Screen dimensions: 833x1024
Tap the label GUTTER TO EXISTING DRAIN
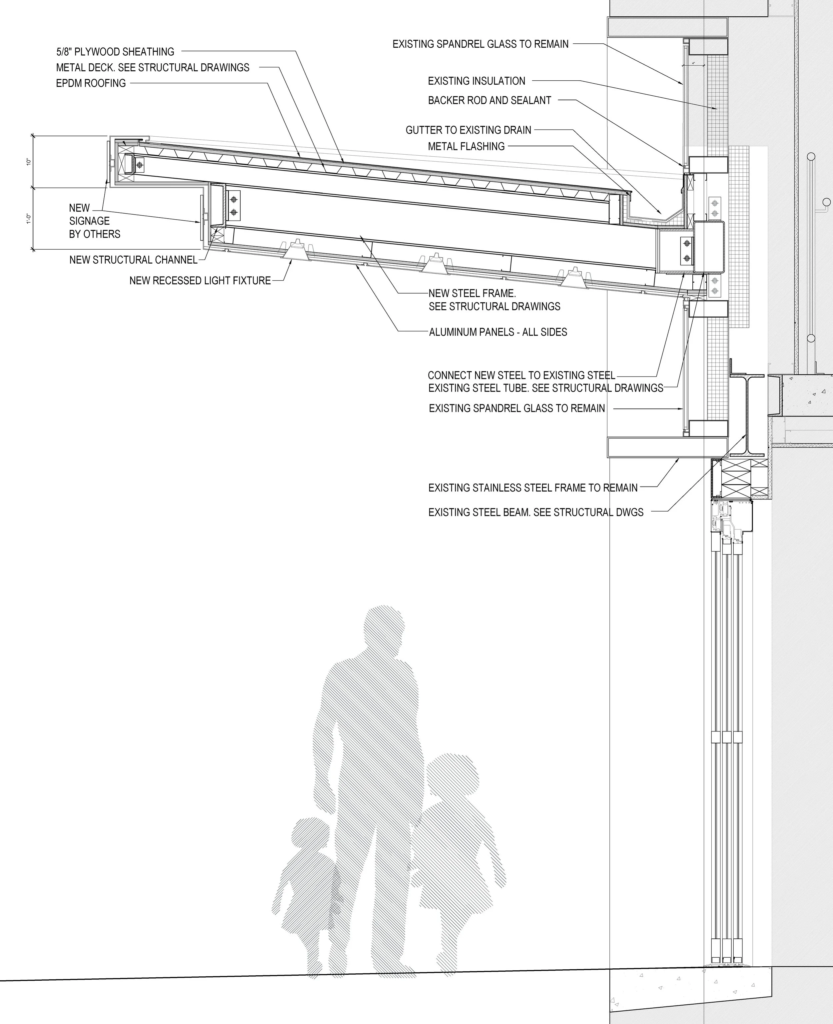(468, 130)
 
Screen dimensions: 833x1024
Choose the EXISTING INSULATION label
(476, 81)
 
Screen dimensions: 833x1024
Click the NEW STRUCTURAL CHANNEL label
(133, 260)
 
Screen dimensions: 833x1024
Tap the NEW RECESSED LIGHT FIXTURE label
(200, 280)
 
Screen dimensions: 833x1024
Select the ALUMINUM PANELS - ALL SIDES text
(497, 332)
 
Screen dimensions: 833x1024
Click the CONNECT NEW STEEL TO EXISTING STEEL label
(521, 375)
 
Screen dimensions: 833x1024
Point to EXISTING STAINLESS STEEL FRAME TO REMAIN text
(533, 488)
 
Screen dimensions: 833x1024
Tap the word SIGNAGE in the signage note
(89, 221)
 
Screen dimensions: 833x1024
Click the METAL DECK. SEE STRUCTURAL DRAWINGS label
(153, 67)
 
